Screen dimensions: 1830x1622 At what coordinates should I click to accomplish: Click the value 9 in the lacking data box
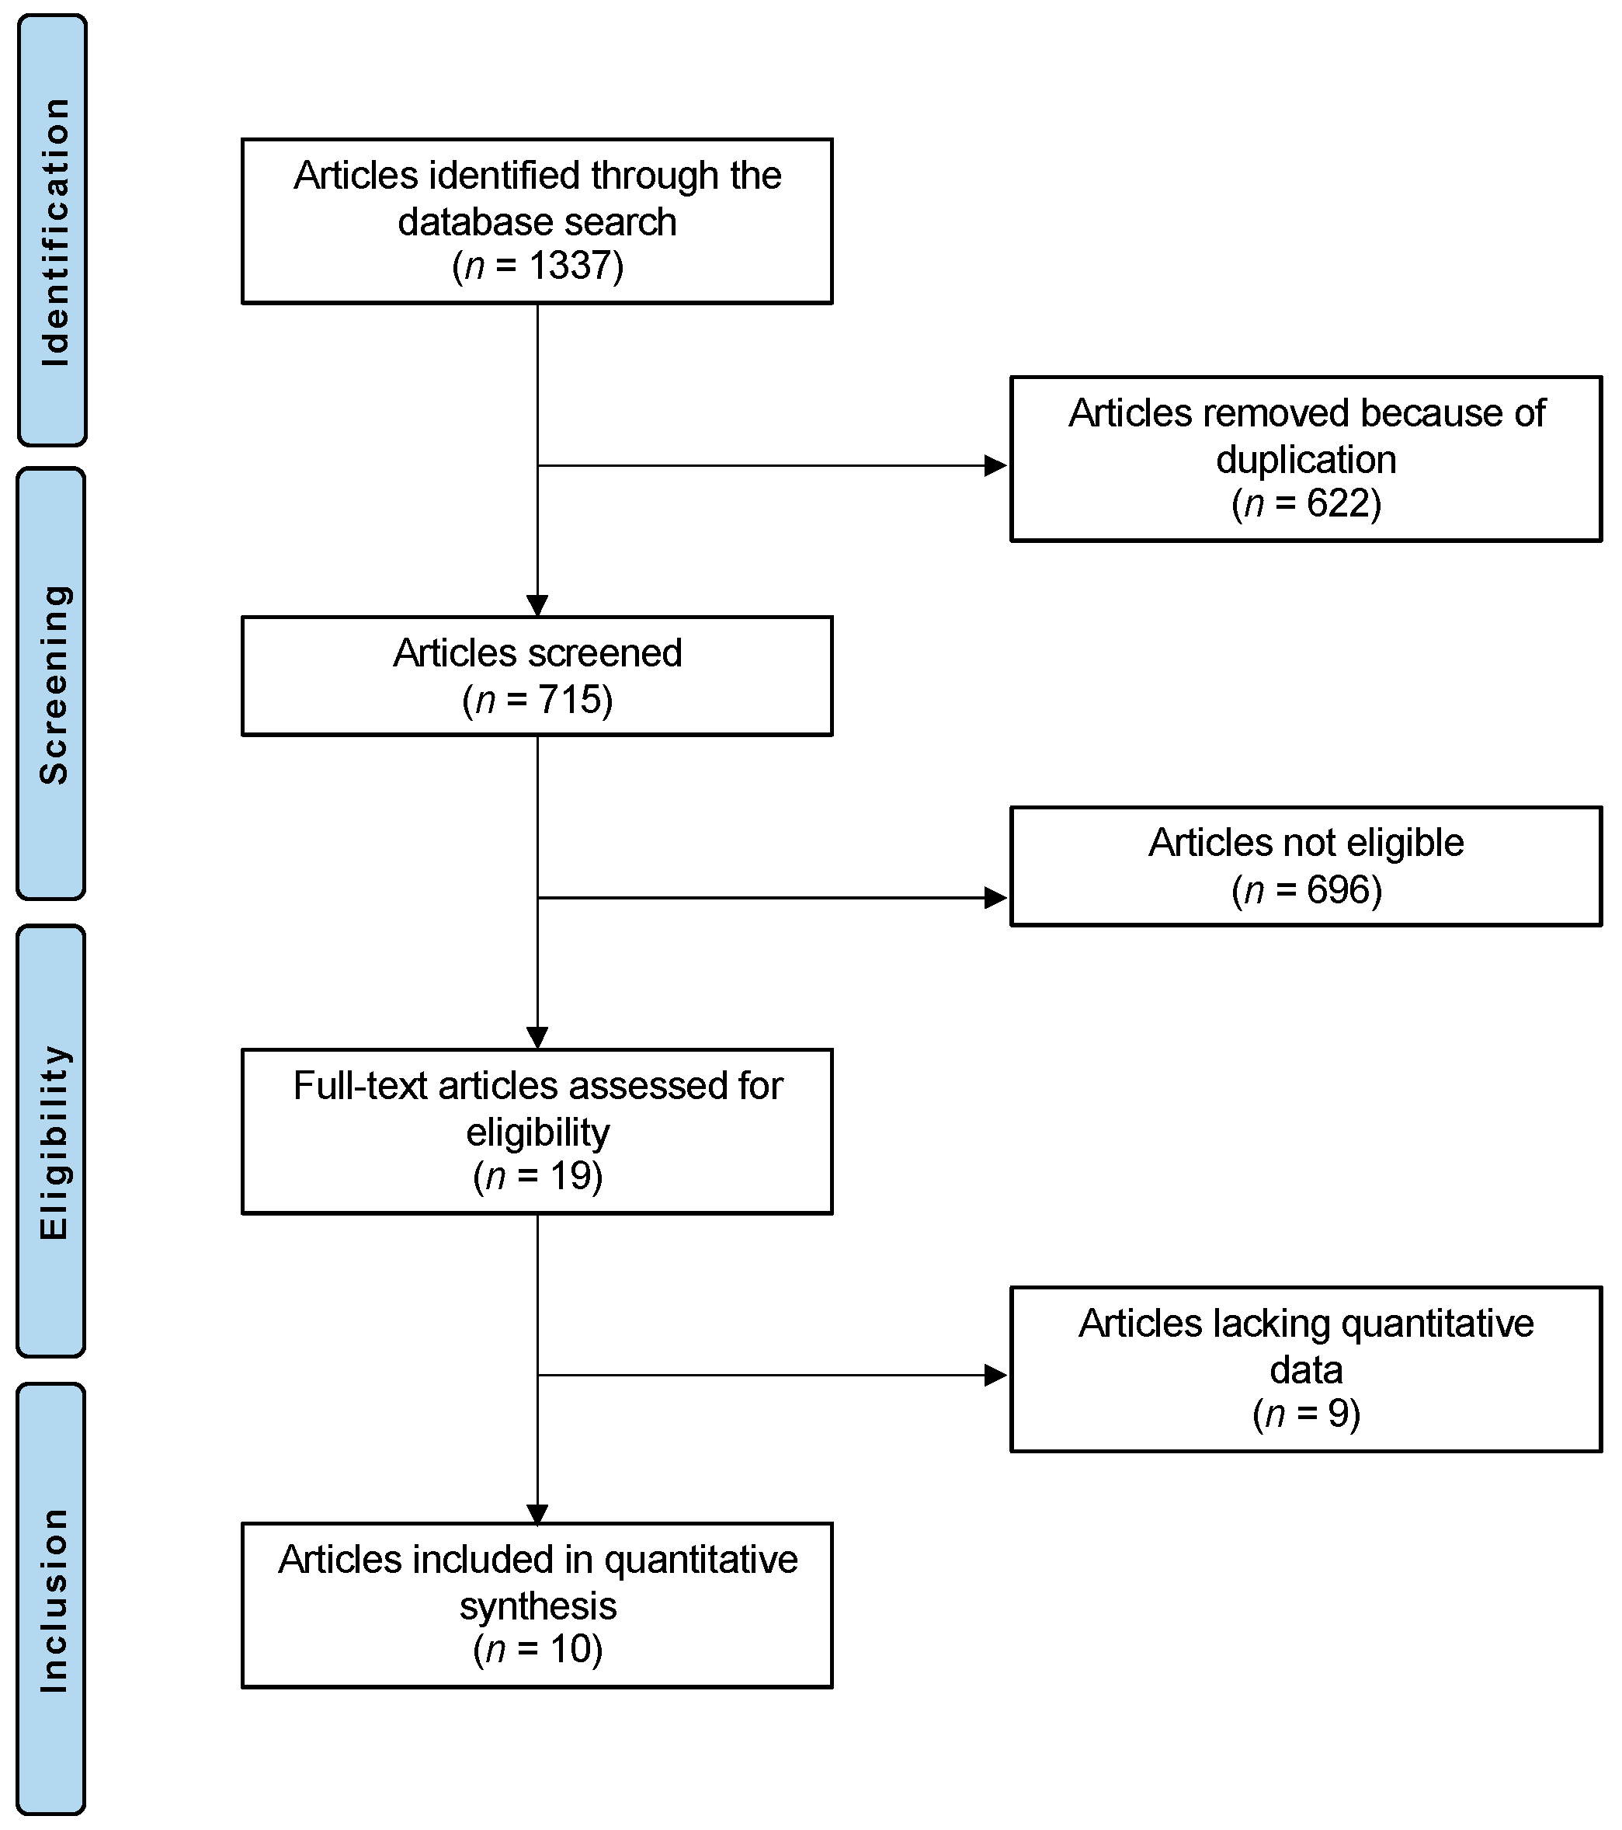click(x=1337, y=1414)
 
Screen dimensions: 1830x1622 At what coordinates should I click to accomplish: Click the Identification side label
click(x=54, y=231)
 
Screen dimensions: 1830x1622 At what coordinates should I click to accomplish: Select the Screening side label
click(x=54, y=684)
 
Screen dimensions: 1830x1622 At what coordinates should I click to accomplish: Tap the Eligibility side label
click(x=54, y=1142)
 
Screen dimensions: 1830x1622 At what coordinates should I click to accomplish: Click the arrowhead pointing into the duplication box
click(x=995, y=465)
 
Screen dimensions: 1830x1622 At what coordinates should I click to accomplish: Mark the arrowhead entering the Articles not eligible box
click(x=995, y=897)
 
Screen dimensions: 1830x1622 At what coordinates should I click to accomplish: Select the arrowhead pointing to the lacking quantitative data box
click(x=995, y=1375)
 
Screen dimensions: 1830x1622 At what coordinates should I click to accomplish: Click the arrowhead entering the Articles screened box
click(x=537, y=606)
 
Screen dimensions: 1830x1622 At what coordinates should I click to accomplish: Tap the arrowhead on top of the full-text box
click(x=537, y=1038)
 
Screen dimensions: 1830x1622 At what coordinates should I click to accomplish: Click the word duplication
click(x=1306, y=460)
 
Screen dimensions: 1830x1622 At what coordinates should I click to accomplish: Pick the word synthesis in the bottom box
click(x=538, y=1606)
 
